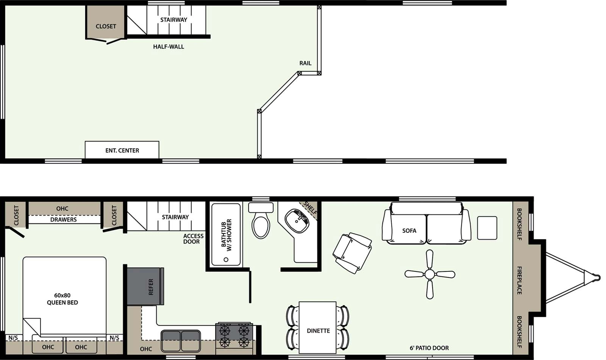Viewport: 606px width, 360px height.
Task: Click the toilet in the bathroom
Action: pyautogui.click(x=261, y=223)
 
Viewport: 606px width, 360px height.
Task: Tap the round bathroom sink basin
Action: pyautogui.click(x=297, y=220)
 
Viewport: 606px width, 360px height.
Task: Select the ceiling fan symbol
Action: pyautogui.click(x=430, y=274)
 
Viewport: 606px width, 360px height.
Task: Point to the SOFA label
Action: pyautogui.click(x=409, y=231)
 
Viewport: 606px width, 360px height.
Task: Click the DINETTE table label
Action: pyautogui.click(x=318, y=331)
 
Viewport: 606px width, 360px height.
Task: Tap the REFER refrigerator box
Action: pyautogui.click(x=145, y=287)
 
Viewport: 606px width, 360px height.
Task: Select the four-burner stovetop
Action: pyautogui.click(x=234, y=335)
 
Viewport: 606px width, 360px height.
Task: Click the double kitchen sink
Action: pyautogui.click(x=181, y=340)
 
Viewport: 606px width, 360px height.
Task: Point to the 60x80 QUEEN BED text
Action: pyautogui.click(x=62, y=299)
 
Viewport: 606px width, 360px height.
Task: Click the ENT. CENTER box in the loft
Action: pyautogui.click(x=122, y=150)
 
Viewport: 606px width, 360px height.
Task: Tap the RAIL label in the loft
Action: pyautogui.click(x=305, y=63)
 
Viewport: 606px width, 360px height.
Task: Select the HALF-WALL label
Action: pyautogui.click(x=169, y=47)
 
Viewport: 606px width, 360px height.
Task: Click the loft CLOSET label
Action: pyautogui.click(x=106, y=26)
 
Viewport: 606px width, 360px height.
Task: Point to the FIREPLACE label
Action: pyautogui.click(x=519, y=281)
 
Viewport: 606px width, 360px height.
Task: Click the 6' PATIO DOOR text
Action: pyautogui.click(x=429, y=348)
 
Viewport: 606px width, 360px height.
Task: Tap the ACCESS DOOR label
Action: pyautogui.click(x=193, y=239)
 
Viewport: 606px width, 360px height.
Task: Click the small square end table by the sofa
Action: pyautogui.click(x=487, y=228)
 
